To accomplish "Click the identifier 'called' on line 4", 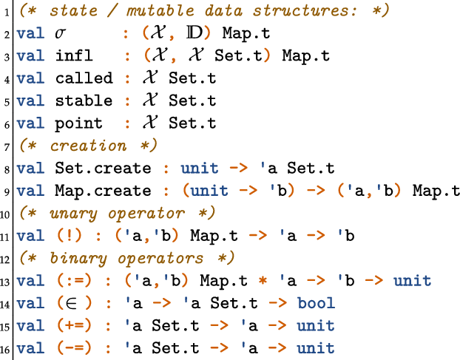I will [84, 78].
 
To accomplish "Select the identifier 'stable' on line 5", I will [84, 101].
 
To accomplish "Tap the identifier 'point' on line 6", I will [79, 123].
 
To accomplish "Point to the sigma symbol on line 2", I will [61, 35].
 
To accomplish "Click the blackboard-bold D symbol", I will [190, 34].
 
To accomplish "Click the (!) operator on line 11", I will [71, 237].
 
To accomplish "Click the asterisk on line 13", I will [263, 282].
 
